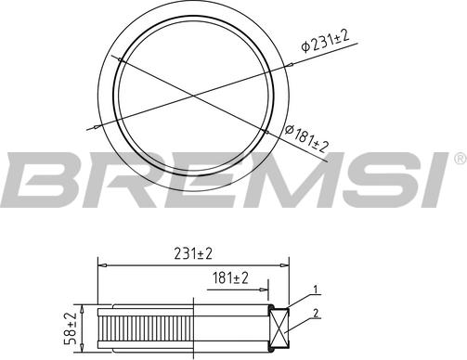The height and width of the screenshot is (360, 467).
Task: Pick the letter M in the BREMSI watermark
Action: [276, 181]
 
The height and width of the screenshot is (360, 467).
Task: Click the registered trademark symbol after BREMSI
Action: [460, 160]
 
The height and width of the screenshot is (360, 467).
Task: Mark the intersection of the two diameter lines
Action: [192, 94]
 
